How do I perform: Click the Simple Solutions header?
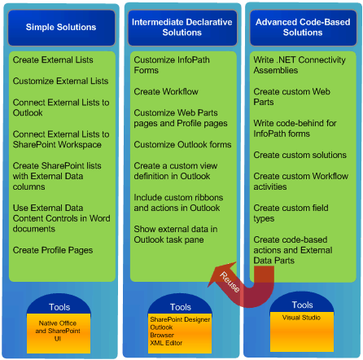click(x=60, y=28)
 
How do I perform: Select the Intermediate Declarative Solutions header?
click(x=181, y=28)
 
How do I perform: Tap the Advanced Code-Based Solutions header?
click(x=301, y=28)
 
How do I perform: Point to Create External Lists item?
click(x=53, y=59)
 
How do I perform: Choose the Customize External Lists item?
click(x=60, y=81)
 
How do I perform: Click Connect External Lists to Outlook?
click(x=60, y=108)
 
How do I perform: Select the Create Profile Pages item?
click(x=52, y=249)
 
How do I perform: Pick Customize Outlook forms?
click(x=171, y=144)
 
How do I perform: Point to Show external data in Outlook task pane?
click(x=176, y=234)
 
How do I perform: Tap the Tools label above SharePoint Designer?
click(x=181, y=307)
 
